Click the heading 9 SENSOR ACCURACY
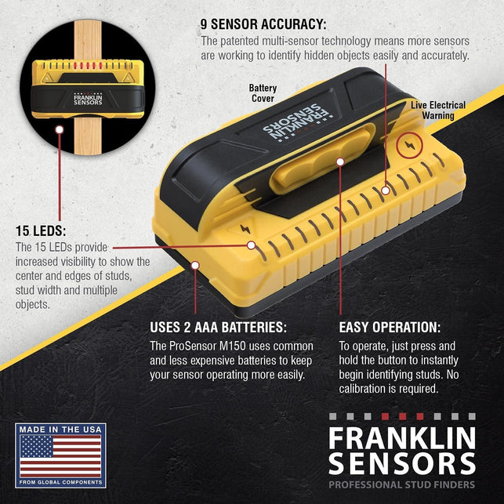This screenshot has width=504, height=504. click(263, 24)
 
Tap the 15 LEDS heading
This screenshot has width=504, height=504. click(41, 231)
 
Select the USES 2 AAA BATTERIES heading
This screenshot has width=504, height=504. click(219, 327)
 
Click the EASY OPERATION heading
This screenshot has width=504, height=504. click(390, 327)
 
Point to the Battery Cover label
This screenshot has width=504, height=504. click(263, 94)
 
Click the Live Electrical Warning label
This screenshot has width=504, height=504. click(438, 111)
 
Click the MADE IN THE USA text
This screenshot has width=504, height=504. click(60, 430)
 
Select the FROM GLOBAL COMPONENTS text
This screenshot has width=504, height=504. click(60, 482)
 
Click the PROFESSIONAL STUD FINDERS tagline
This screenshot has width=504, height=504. click(402, 485)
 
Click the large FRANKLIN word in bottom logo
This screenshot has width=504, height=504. click(401, 437)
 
